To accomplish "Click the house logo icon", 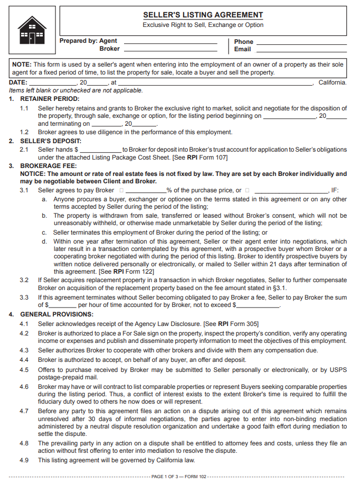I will (x=32, y=30).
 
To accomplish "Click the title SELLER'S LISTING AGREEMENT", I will (x=203, y=15).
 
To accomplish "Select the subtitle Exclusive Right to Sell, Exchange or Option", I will (x=203, y=25).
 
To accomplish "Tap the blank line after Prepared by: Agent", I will (x=170, y=41).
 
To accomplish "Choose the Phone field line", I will (x=301, y=42).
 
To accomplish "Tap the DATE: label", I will (x=18, y=83).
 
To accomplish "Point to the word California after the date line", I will (x=332, y=83).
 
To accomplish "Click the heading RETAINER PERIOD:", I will (x=50, y=99).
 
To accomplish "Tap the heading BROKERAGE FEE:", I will (x=45, y=166).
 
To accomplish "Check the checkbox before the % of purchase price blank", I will (x=121, y=190).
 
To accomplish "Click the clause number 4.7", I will (x=24, y=411).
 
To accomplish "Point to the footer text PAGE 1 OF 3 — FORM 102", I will (x=179, y=477).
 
